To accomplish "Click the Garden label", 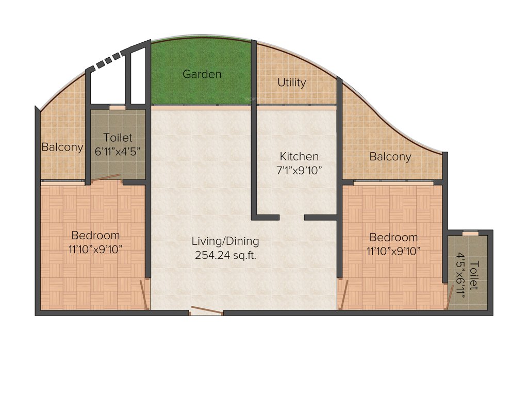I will (x=202, y=74).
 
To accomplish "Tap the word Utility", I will (x=292, y=82).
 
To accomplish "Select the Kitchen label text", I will (x=299, y=156).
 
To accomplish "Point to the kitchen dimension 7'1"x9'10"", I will (x=299, y=171).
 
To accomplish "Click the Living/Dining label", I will (x=225, y=241).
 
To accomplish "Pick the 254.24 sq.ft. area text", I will (x=225, y=255).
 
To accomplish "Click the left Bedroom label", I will (x=95, y=236).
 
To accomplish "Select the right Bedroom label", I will (x=393, y=238).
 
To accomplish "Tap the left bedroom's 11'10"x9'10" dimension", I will (x=95, y=250).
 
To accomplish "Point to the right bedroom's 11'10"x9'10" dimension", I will (x=393, y=252).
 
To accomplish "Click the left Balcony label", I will (x=62, y=147).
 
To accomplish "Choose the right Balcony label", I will (x=390, y=157).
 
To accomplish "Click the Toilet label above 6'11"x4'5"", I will (x=118, y=138).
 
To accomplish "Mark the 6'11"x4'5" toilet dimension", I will (x=118, y=152).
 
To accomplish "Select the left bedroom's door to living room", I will (x=145, y=294).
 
